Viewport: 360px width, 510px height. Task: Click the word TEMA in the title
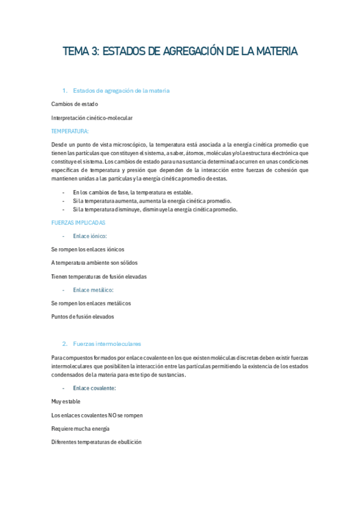(76, 52)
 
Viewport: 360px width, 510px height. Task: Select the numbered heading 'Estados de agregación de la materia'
(121, 91)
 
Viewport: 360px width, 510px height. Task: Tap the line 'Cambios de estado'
(75, 104)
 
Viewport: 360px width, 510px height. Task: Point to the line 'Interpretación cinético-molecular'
(92, 118)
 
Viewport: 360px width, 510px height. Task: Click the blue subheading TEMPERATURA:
(70, 131)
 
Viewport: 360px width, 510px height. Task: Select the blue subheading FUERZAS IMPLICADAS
(78, 223)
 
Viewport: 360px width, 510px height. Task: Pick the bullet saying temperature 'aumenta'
(151, 201)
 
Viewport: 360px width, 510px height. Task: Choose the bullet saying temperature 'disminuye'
(154, 209)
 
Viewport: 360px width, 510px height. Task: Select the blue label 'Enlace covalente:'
(94, 388)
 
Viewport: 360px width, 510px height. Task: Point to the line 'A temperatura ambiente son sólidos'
(94, 263)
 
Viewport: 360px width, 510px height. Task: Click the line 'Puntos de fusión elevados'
(82, 316)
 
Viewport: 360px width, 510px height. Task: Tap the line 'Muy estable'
(66, 401)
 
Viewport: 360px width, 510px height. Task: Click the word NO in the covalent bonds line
(112, 415)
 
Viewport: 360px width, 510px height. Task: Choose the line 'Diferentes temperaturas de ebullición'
(96, 442)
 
